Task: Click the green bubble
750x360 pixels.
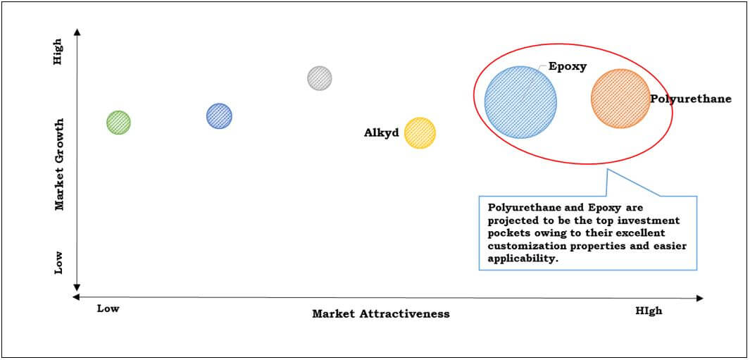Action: pyautogui.click(x=118, y=122)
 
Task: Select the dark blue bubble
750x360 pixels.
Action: pyautogui.click(x=219, y=116)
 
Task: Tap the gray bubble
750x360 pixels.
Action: pyautogui.click(x=320, y=77)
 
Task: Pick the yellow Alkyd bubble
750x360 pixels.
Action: pyautogui.click(x=420, y=132)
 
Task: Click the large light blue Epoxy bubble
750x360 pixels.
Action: pyautogui.click(x=520, y=102)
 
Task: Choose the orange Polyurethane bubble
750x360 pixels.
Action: pyautogui.click(x=620, y=98)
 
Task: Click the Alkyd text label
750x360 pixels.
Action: pyautogui.click(x=381, y=132)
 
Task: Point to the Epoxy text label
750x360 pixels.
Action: pyautogui.click(x=568, y=67)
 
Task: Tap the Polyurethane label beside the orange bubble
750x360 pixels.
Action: pyautogui.click(x=691, y=99)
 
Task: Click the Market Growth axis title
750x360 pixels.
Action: pyautogui.click(x=59, y=164)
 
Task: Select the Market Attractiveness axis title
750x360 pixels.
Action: pyautogui.click(x=381, y=314)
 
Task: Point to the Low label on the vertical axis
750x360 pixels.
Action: pyautogui.click(x=58, y=263)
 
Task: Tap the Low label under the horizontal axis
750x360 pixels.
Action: pyautogui.click(x=108, y=309)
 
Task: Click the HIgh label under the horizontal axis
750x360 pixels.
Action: pyautogui.click(x=649, y=311)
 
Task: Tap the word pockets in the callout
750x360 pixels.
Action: pyautogui.click(x=505, y=233)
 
